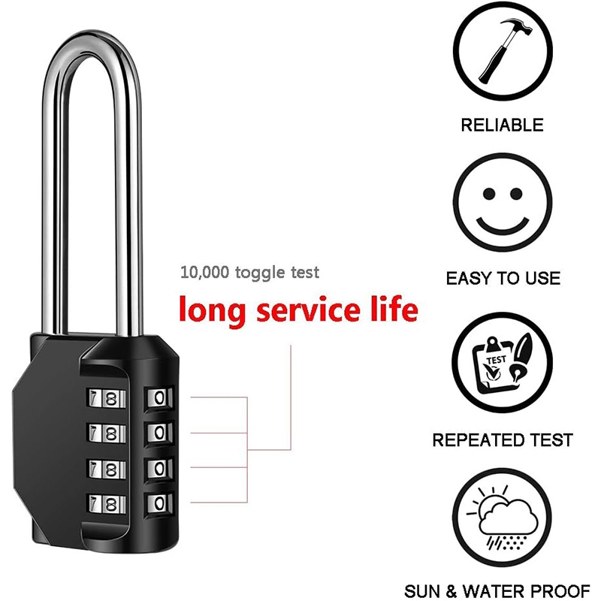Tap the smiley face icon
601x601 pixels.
tap(503, 202)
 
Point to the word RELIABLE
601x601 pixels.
tap(502, 125)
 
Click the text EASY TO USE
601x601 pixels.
tap(503, 278)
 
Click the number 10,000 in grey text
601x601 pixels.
tap(204, 273)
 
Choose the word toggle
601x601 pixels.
tap(260, 273)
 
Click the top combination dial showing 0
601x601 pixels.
tap(159, 398)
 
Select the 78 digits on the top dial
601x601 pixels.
tap(104, 399)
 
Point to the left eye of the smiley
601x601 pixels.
tap(489, 194)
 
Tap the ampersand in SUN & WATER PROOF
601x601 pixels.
tap(452, 591)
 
